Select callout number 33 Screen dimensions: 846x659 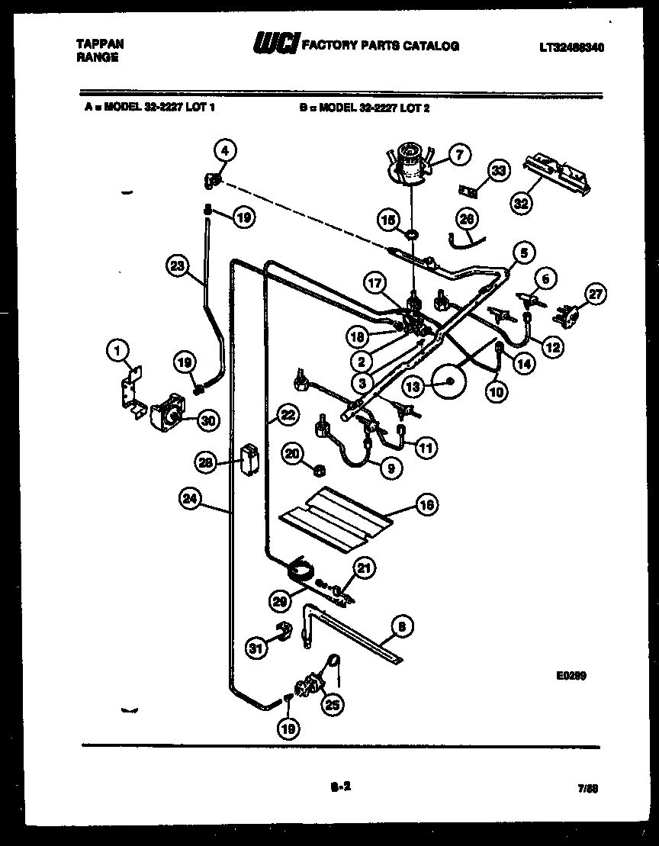click(x=497, y=172)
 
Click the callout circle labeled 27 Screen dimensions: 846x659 click(x=595, y=294)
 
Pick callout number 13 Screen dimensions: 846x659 click(x=413, y=387)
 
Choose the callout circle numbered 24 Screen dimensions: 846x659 click(x=190, y=498)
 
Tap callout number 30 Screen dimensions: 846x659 click(x=206, y=419)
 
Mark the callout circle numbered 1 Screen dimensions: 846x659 click(x=117, y=350)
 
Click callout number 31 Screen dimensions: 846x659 click(x=257, y=648)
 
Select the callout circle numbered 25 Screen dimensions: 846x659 click(x=331, y=706)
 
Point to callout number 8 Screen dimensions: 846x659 click(x=402, y=627)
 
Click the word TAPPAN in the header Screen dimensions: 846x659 click(x=100, y=44)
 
